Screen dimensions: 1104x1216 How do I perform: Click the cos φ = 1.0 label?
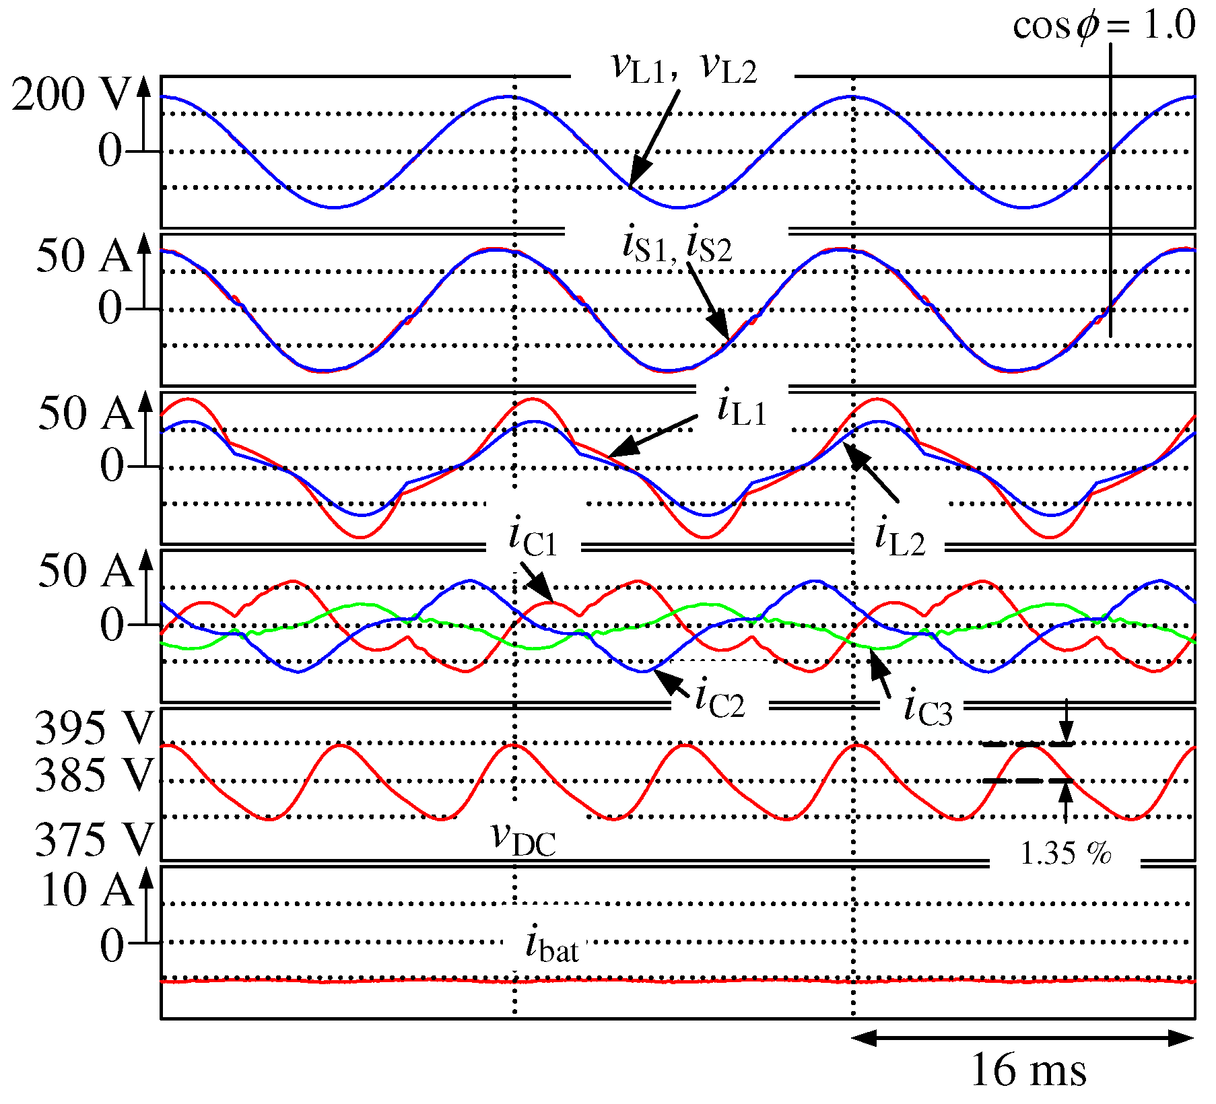click(1104, 26)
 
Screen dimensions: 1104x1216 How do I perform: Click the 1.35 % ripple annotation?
click(1065, 854)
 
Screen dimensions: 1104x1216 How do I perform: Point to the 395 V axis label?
click(94, 728)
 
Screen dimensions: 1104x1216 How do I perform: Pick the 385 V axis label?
click(94, 774)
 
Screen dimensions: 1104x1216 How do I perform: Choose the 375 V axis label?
click(94, 839)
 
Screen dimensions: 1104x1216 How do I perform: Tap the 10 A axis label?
click(86, 890)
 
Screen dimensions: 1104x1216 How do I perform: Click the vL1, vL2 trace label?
click(683, 69)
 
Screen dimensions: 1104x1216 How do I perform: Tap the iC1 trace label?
click(533, 540)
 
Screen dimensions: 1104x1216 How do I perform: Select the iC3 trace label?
click(927, 710)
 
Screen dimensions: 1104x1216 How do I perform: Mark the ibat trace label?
click(551, 945)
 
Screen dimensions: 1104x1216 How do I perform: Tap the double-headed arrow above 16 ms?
click(1023, 1038)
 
